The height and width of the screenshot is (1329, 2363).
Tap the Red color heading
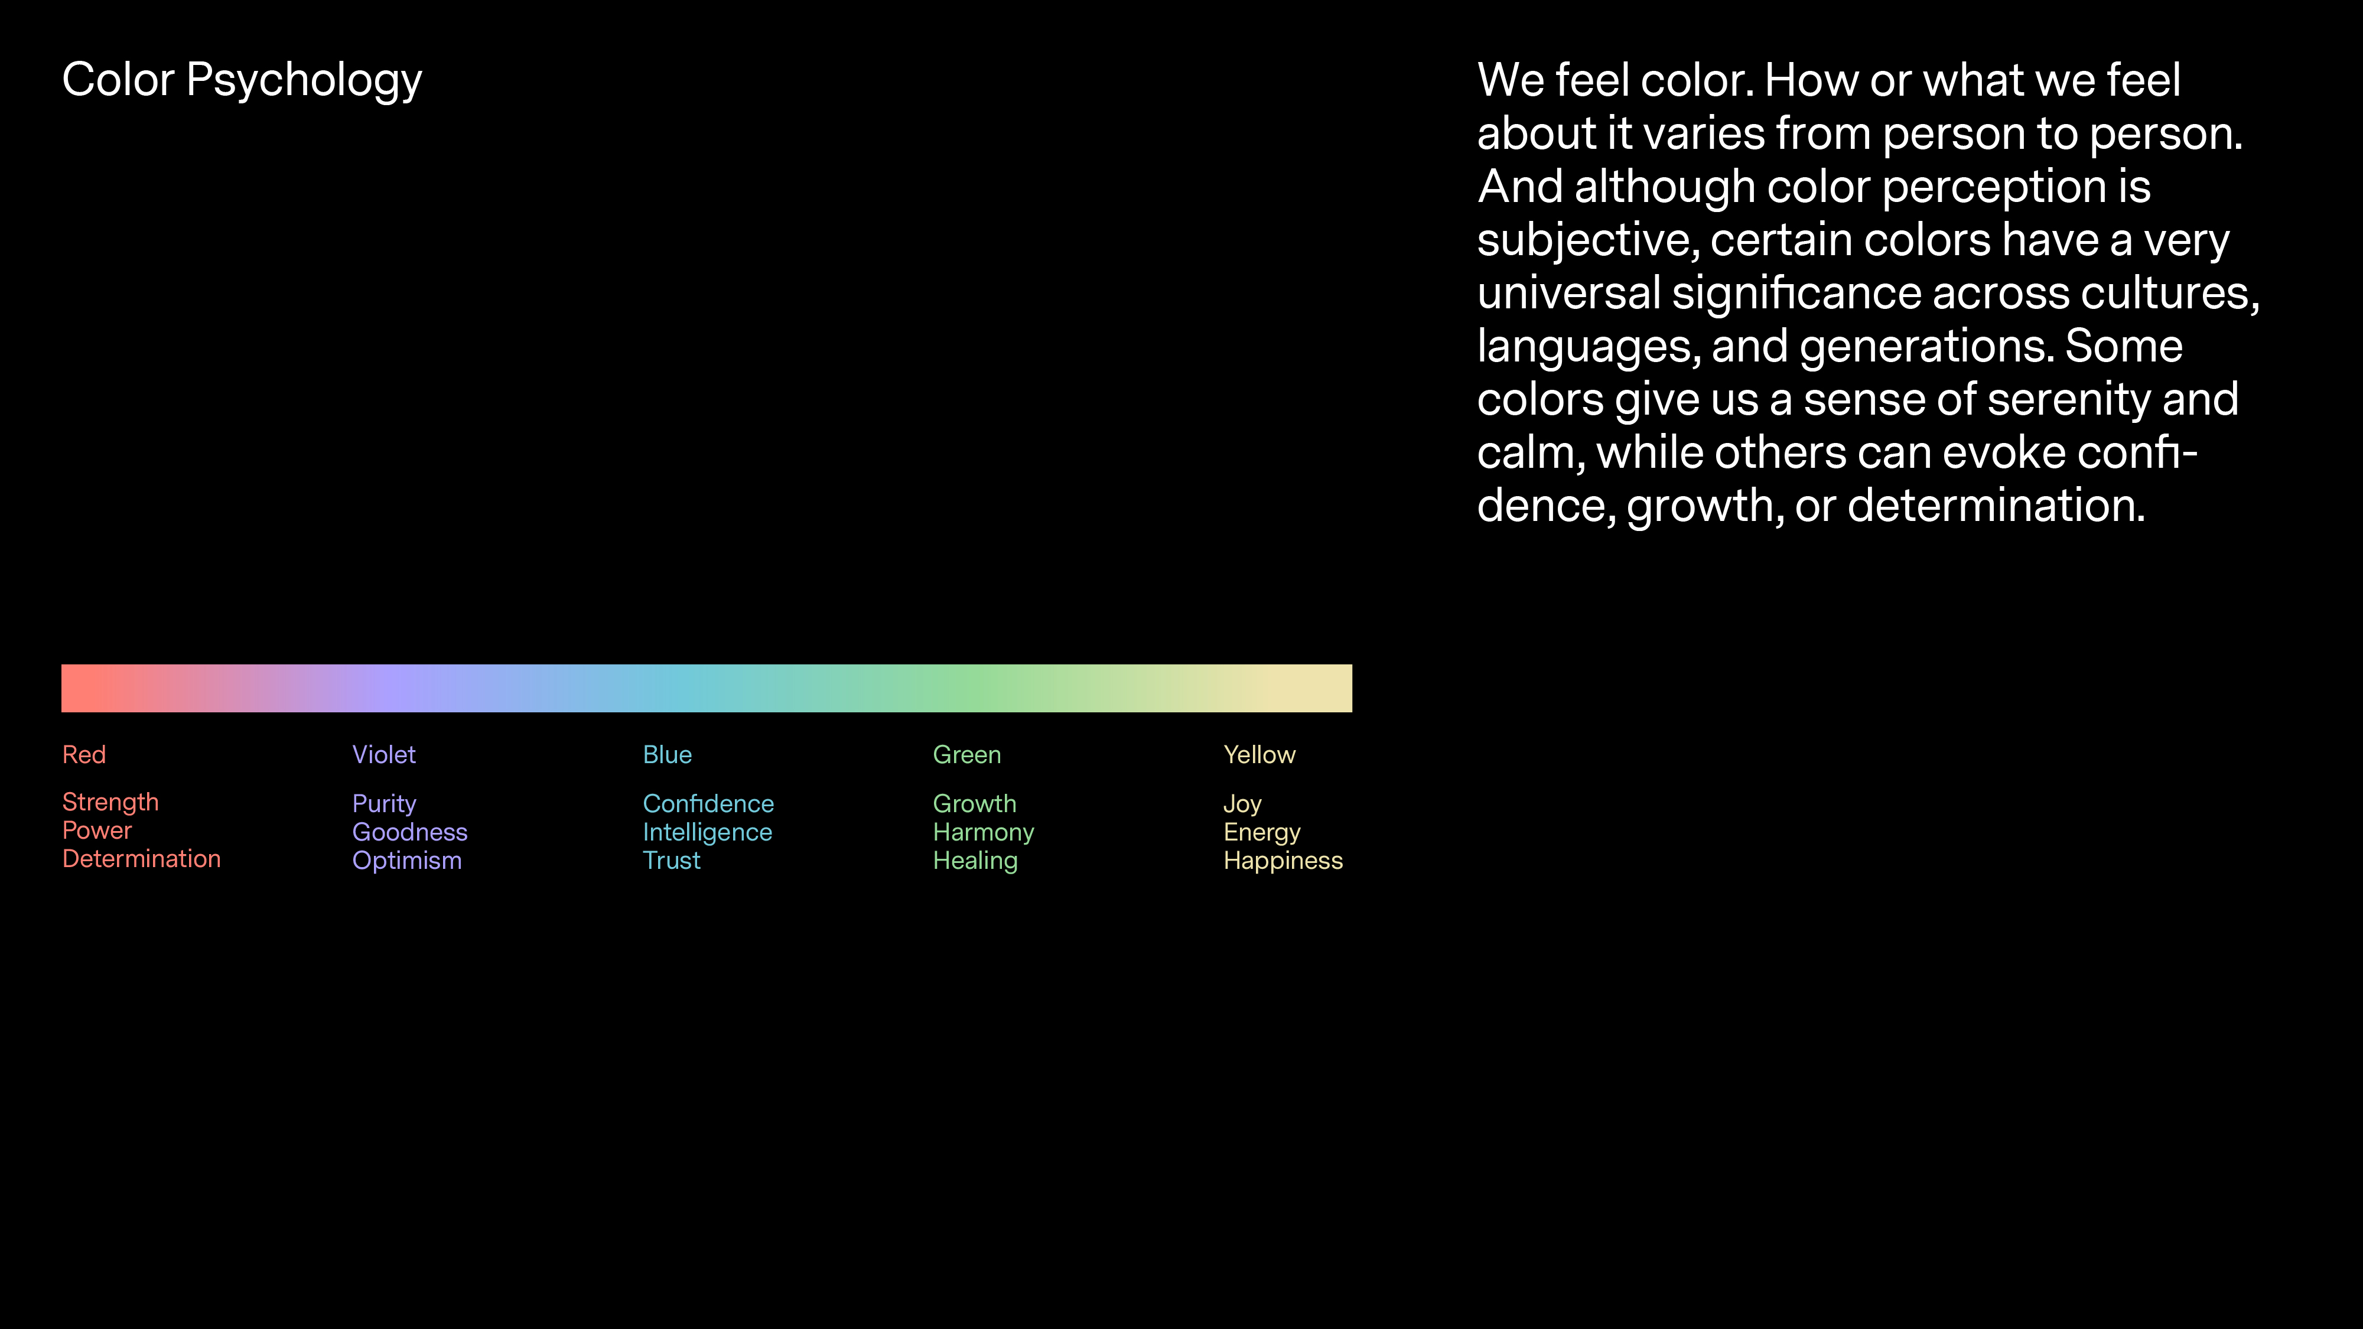click(84, 755)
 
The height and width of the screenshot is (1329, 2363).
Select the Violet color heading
click(385, 755)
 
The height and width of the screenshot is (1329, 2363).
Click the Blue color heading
click(668, 755)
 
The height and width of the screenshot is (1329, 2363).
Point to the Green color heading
click(967, 755)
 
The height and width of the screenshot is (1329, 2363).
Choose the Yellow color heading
click(1259, 755)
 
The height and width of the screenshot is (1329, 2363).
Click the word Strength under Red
click(111, 803)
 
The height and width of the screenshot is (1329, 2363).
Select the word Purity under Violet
click(385, 805)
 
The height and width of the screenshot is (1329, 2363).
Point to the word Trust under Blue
click(672, 861)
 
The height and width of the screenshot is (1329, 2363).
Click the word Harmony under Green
click(984, 833)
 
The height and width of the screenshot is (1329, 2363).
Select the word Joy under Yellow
click(1243, 805)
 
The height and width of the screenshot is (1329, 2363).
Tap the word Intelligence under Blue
click(707, 833)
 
